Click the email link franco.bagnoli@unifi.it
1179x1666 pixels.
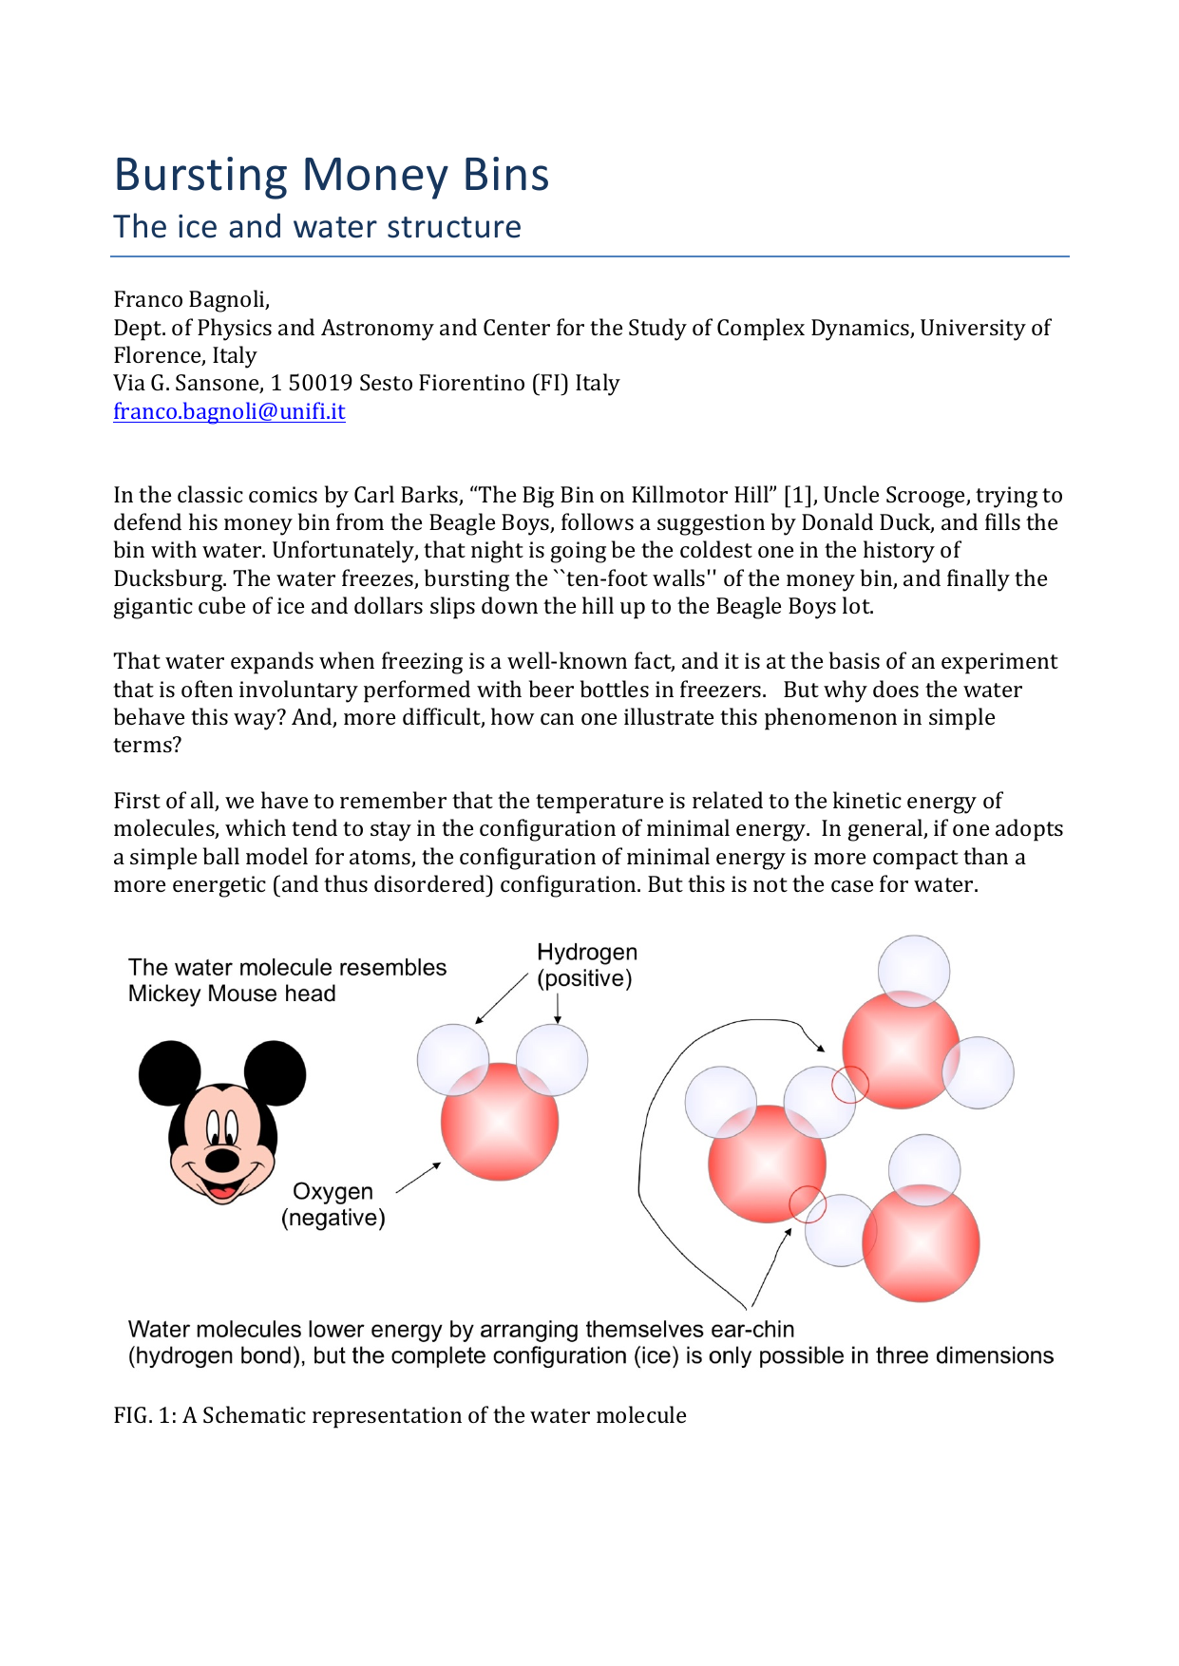pyautogui.click(x=229, y=411)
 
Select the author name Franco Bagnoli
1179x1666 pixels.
pyautogui.click(x=191, y=299)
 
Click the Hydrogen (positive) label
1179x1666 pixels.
pyautogui.click(x=586, y=965)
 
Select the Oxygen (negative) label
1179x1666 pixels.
pyautogui.click(x=333, y=1204)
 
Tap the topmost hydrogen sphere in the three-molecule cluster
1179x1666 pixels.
pyautogui.click(x=913, y=970)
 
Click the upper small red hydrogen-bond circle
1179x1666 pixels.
pyautogui.click(x=849, y=1084)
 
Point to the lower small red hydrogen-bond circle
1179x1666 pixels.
pyautogui.click(x=808, y=1204)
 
